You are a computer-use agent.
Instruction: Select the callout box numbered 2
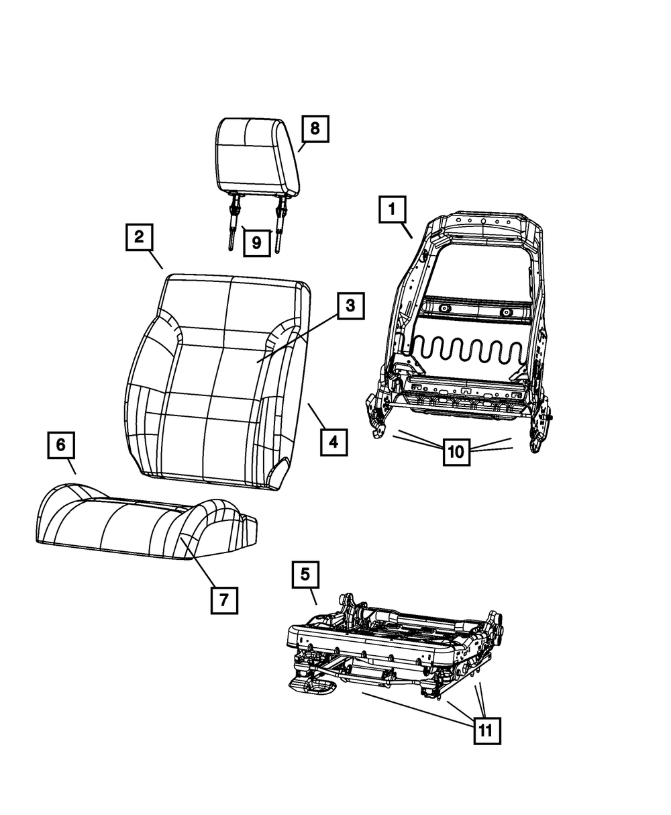[139, 237]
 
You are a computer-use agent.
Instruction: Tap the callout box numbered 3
[350, 306]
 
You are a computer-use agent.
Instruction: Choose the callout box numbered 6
[60, 445]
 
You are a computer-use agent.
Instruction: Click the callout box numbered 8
[315, 128]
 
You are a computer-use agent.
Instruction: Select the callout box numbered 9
[256, 243]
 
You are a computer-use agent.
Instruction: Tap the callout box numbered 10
[456, 452]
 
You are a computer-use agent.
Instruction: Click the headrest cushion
[256, 154]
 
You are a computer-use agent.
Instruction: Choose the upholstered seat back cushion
[215, 383]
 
